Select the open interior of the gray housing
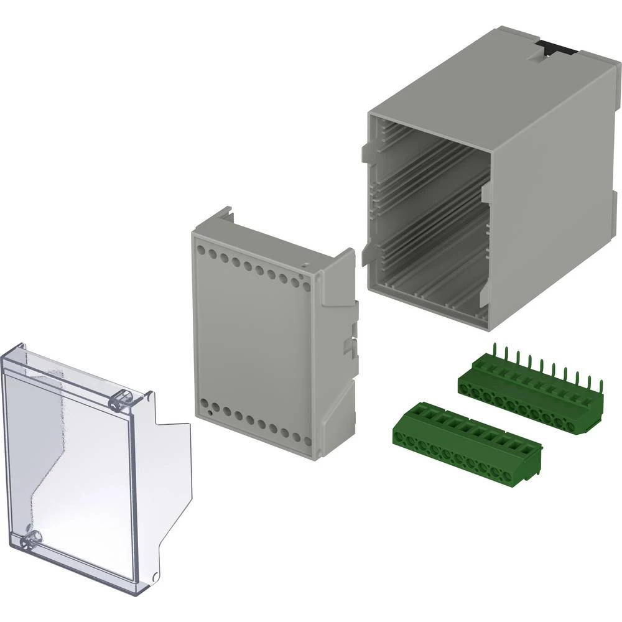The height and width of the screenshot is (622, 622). (x=429, y=211)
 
